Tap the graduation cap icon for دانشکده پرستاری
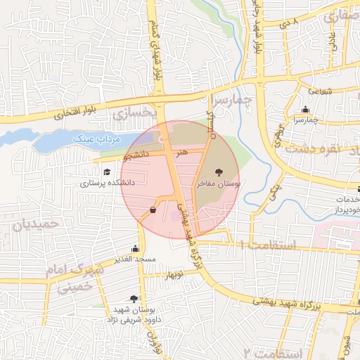[x=106, y=172]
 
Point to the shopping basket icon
[x=153, y=210]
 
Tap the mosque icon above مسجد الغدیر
[x=135, y=248]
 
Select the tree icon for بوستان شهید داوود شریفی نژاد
[x=134, y=299]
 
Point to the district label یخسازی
[x=131, y=112]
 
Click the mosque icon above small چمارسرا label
[x=305, y=109]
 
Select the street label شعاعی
[x=319, y=90]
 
